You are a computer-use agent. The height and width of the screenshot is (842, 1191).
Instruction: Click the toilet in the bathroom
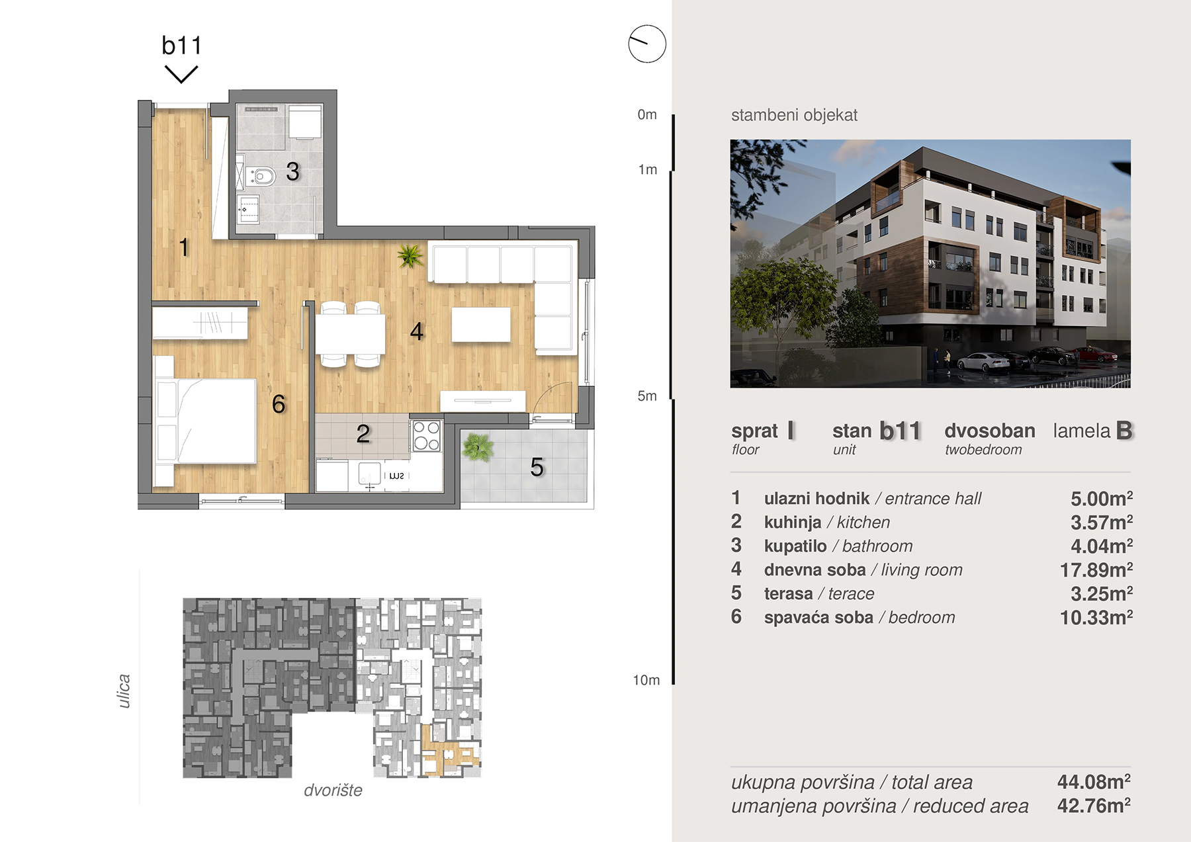pyautogui.click(x=261, y=176)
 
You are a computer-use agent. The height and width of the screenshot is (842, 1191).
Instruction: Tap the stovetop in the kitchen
pyautogui.click(x=426, y=435)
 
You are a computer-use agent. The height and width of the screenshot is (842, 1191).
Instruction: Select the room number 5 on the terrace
pyautogui.click(x=537, y=467)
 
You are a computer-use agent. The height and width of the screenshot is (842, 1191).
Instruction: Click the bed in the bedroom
pyautogui.click(x=205, y=421)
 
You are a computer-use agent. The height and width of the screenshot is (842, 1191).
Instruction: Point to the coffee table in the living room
pyautogui.click(x=481, y=325)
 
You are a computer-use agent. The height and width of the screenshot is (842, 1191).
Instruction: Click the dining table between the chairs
pyautogui.click(x=350, y=334)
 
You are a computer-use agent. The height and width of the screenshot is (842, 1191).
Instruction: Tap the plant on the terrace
pyautogui.click(x=477, y=446)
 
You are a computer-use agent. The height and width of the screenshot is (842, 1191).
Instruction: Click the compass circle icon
pyautogui.click(x=646, y=44)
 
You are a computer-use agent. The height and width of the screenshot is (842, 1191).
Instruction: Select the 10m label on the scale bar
pyautogui.click(x=646, y=680)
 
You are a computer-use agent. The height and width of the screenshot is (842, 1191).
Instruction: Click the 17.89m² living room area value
pyautogui.click(x=1096, y=569)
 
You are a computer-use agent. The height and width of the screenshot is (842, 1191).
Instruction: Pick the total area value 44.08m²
pyautogui.click(x=1093, y=782)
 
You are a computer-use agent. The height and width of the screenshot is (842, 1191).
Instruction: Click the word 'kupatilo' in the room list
pyautogui.click(x=795, y=546)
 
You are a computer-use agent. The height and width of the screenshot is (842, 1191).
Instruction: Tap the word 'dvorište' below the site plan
pyautogui.click(x=333, y=790)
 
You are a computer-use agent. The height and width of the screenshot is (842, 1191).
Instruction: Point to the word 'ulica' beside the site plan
pyautogui.click(x=124, y=691)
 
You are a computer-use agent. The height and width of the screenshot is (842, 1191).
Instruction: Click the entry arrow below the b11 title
pyautogui.click(x=181, y=74)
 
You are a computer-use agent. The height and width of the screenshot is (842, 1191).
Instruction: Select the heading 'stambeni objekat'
pyautogui.click(x=794, y=115)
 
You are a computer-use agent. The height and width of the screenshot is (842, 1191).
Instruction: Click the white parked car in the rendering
pyautogui.click(x=983, y=362)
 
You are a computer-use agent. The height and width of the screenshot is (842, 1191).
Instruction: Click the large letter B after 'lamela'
pyautogui.click(x=1124, y=431)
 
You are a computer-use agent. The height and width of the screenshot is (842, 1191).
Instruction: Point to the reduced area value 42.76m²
pyautogui.click(x=1093, y=806)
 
